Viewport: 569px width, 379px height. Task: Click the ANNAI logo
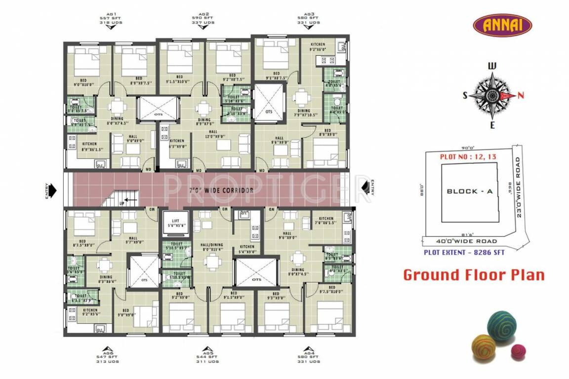coord(502,25)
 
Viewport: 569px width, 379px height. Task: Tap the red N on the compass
coord(520,96)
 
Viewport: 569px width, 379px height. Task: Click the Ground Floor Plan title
coord(474,275)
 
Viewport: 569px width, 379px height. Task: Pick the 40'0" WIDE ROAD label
coord(467,241)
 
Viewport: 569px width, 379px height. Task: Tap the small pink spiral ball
coord(518,351)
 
